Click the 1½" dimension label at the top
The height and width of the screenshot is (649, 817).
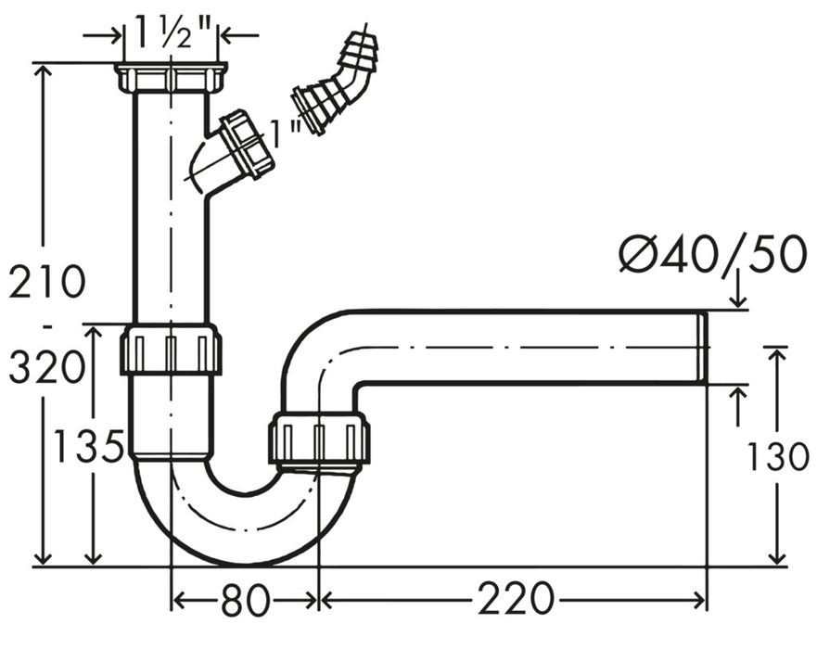click(x=172, y=34)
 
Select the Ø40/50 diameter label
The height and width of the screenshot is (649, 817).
click(x=712, y=254)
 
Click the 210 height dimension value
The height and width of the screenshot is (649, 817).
click(x=47, y=282)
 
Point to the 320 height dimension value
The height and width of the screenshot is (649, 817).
click(x=47, y=368)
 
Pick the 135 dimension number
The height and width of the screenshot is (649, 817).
click(x=88, y=448)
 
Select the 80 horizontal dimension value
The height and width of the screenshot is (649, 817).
click(x=246, y=601)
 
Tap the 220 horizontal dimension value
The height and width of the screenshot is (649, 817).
click(x=516, y=601)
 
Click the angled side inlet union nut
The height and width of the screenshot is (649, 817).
click(x=247, y=144)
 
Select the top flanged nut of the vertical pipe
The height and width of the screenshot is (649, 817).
click(x=172, y=77)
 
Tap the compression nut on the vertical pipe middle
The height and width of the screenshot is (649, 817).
click(x=171, y=349)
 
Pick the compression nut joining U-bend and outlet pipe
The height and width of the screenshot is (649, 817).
click(x=319, y=439)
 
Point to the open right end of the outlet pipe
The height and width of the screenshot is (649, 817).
click(x=702, y=346)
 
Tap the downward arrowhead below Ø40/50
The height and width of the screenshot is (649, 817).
click(x=738, y=299)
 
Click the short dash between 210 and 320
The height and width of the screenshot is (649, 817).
click(x=46, y=326)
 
